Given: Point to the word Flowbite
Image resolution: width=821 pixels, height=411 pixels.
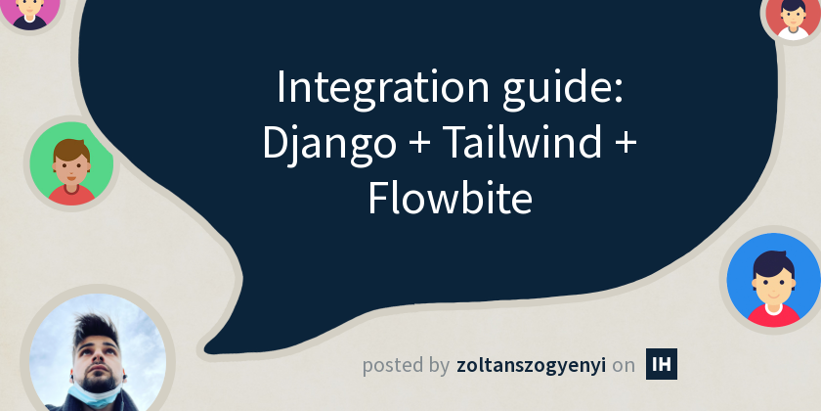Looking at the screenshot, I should (x=450, y=199).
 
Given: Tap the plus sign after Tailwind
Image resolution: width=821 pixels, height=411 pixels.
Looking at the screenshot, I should (x=625, y=146).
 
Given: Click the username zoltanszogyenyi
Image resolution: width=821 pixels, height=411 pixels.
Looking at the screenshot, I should (x=530, y=366).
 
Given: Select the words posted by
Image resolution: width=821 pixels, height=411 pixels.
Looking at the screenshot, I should (x=406, y=366).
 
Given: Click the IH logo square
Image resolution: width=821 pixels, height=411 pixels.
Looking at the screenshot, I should (x=662, y=364).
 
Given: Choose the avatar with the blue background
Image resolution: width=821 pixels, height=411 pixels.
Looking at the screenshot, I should (x=772, y=280).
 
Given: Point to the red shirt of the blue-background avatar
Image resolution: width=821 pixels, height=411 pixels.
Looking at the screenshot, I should (x=772, y=314).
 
